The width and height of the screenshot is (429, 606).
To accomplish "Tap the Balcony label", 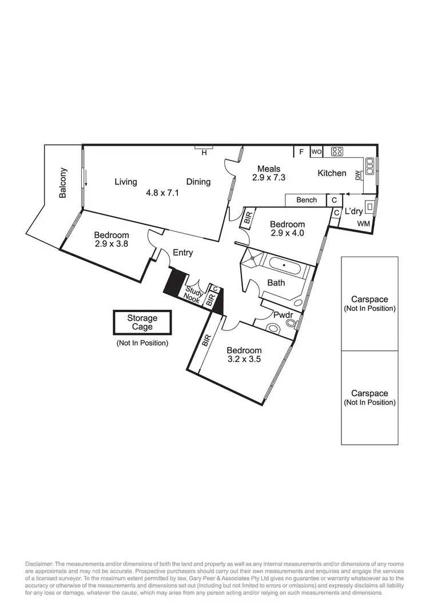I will click(63, 183).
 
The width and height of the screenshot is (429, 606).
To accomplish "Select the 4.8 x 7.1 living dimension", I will click(163, 193).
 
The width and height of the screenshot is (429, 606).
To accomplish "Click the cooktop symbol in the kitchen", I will click(337, 152).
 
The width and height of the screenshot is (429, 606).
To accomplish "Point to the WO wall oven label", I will click(316, 152).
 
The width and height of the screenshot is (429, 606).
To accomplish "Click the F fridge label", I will click(301, 152).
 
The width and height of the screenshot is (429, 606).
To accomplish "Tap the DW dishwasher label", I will click(358, 176).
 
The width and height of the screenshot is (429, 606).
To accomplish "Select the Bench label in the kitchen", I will click(307, 200).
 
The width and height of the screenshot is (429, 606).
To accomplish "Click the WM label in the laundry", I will click(364, 224).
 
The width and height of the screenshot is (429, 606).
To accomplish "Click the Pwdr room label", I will click(283, 314).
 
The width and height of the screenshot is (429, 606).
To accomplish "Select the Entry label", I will click(183, 253).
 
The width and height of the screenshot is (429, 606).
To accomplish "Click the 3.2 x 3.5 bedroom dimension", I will click(244, 360).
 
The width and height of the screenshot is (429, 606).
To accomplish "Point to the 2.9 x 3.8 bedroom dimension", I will click(112, 244).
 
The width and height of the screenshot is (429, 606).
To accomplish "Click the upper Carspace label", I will click(370, 300).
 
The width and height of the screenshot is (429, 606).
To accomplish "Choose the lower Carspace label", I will click(370, 393).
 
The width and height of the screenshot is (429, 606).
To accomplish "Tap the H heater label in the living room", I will click(203, 153).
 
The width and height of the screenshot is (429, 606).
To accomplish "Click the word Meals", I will click(269, 169).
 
